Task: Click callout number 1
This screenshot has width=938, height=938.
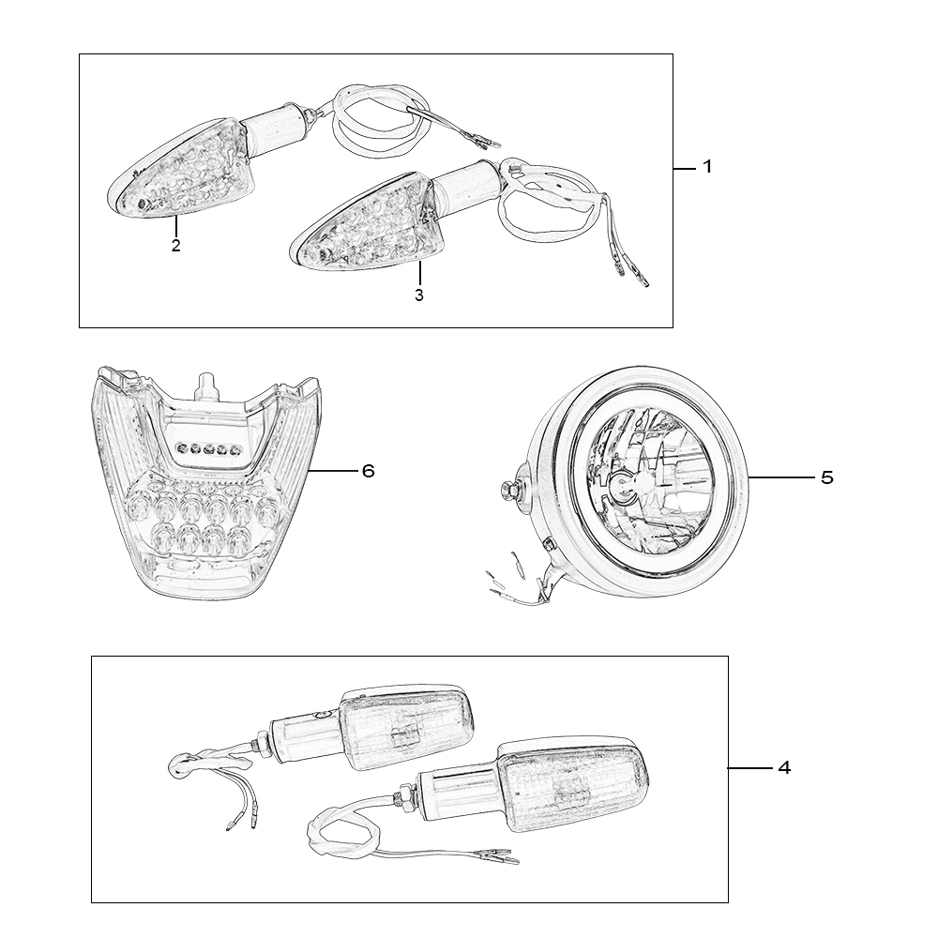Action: coord(707,167)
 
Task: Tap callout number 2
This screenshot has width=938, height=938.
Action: coord(175,245)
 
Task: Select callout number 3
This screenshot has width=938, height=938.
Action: coord(418,295)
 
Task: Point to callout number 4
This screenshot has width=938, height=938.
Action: coord(784,767)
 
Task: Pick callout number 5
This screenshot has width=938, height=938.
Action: coord(826,477)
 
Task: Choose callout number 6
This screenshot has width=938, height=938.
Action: coord(368,472)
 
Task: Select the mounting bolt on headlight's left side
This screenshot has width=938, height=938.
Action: coord(509,490)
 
